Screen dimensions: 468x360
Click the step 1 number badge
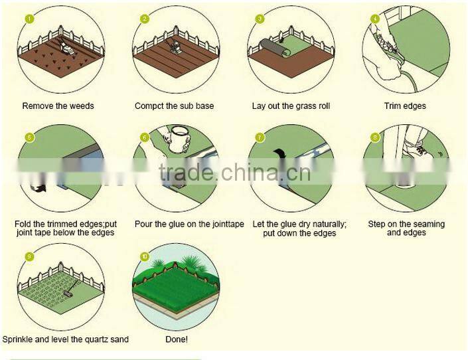point(29,19)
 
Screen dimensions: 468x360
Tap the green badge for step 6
point(145,137)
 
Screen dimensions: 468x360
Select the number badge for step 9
point(29,256)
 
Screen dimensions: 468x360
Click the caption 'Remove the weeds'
point(58,106)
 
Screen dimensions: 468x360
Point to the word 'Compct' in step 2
point(149,106)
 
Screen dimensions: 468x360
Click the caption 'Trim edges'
point(405,106)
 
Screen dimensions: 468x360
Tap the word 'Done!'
point(177,339)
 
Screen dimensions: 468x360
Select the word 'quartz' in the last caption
point(97,339)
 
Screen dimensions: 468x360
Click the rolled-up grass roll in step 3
point(275,48)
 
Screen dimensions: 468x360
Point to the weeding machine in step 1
point(67,48)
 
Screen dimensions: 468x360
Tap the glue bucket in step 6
point(180,139)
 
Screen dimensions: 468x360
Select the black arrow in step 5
point(39,186)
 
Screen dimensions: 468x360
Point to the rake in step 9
point(71,288)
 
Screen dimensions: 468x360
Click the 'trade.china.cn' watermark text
point(234,173)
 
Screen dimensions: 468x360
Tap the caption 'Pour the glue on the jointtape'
point(189,224)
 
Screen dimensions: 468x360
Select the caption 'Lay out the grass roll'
point(291,106)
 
